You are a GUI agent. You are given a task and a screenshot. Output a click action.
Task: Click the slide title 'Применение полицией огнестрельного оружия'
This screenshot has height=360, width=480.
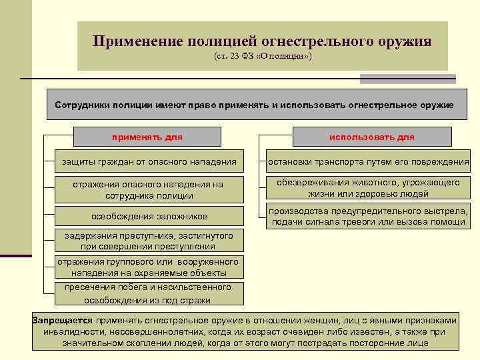point(262,41)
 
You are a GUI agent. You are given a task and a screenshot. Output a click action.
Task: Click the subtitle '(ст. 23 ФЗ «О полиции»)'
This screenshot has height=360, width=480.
point(263,57)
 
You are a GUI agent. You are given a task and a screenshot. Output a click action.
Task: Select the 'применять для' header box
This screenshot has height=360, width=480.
point(147,137)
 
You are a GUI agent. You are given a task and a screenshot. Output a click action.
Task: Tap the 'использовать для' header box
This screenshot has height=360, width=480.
point(371,137)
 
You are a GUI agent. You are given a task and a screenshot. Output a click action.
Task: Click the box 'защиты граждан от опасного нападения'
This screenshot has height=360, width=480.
point(149,161)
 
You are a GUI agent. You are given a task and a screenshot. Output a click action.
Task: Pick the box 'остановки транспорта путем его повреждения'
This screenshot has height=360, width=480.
point(368,161)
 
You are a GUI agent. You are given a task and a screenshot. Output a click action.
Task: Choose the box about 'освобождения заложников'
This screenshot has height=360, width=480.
point(149,216)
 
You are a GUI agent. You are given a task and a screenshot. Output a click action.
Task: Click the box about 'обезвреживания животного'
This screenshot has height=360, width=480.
point(368,188)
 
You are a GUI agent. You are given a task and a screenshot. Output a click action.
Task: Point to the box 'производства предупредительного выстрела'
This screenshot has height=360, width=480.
point(368,217)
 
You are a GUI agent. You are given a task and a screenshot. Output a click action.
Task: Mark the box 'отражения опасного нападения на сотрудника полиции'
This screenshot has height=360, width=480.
point(149,190)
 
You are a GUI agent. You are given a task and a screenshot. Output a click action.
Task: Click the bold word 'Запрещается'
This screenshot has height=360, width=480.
point(63,320)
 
